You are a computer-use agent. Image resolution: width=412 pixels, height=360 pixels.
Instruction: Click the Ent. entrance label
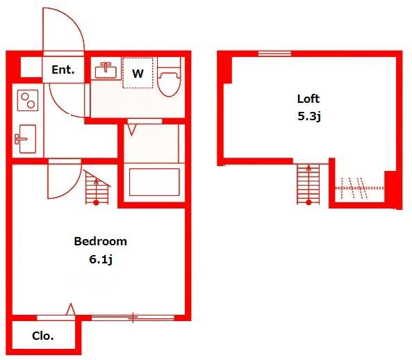click(x=63, y=70)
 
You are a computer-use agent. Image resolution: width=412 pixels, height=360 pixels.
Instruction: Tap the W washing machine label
click(x=138, y=74)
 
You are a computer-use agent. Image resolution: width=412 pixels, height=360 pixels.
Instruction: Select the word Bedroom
click(x=100, y=241)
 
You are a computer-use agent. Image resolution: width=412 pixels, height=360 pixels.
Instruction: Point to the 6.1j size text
click(x=101, y=260)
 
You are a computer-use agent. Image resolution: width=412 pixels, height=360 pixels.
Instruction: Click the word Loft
click(x=308, y=99)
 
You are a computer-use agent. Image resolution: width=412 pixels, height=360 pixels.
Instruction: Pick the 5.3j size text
click(x=309, y=116)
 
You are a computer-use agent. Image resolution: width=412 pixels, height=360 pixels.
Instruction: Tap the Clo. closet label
click(x=43, y=336)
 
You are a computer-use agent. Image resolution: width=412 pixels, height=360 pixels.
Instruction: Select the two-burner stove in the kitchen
click(x=28, y=100)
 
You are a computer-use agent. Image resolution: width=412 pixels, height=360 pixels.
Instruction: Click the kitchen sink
click(x=26, y=139)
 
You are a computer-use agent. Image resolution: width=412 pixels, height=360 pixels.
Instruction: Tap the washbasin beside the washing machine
click(x=106, y=70)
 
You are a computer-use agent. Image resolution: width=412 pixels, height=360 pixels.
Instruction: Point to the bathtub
click(x=154, y=182)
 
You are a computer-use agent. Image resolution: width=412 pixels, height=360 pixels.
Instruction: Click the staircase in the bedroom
click(x=97, y=188)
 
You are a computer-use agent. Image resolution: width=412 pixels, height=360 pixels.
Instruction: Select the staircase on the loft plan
click(x=308, y=184)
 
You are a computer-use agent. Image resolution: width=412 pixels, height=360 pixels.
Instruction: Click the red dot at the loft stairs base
click(x=308, y=202)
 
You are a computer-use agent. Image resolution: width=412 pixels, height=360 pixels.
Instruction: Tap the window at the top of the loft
click(x=274, y=54)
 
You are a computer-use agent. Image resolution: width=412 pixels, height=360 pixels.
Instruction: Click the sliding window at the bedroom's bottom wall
click(x=133, y=318)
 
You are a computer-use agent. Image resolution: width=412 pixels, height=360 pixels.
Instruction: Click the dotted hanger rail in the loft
click(x=359, y=188)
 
